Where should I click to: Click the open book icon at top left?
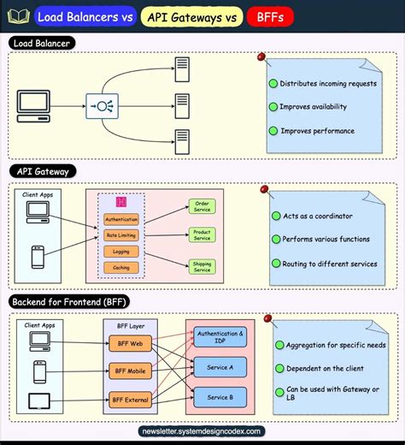[x=17, y=15]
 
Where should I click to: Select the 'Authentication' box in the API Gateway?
[x=120, y=219]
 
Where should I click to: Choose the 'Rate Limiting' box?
[x=120, y=234]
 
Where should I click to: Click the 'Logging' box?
[x=120, y=252]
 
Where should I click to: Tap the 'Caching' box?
[x=120, y=268]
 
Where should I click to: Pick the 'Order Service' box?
[x=202, y=206]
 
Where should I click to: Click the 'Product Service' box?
[x=202, y=235]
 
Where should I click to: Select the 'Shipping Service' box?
[x=202, y=266]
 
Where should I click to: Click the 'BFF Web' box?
[x=129, y=343]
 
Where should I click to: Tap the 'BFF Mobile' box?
[x=129, y=371]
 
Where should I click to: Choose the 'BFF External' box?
[x=129, y=399]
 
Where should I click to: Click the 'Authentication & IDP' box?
[x=220, y=336]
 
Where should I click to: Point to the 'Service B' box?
[x=220, y=397]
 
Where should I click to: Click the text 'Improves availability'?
[x=313, y=107]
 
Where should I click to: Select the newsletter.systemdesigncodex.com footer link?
[x=202, y=432]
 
